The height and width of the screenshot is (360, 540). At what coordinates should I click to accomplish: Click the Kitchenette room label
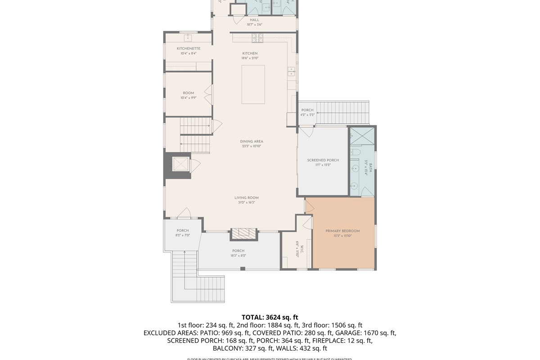pyautogui.click(x=188, y=49)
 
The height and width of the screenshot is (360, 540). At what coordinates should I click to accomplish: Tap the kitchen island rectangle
pyautogui.click(x=253, y=85)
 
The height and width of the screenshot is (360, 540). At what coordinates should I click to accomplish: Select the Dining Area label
pyautogui.click(x=251, y=141)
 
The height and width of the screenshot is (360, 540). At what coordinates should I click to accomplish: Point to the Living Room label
pyautogui.click(x=246, y=198)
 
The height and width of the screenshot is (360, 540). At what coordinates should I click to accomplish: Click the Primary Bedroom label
pyautogui.click(x=342, y=231)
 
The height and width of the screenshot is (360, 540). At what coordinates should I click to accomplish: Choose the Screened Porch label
pyautogui.click(x=323, y=160)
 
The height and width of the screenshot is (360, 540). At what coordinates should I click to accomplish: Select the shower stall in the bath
pyautogui.click(x=362, y=136)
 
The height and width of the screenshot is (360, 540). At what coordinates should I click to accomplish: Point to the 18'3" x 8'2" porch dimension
pyautogui.click(x=238, y=256)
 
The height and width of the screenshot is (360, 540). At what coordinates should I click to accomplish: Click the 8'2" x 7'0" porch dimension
pyautogui.click(x=183, y=235)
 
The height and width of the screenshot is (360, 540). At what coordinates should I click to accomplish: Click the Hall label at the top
pyautogui.click(x=254, y=20)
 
